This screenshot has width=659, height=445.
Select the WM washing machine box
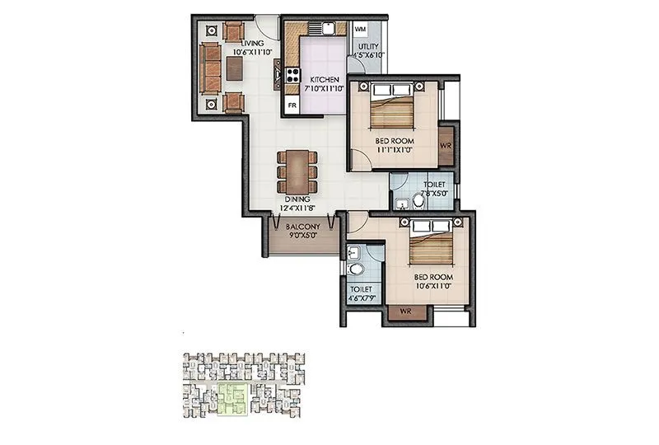coord(360,29)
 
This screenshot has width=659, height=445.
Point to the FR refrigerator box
coord(291,105)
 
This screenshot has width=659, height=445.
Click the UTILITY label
coord(367,49)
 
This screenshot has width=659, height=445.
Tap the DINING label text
coord(297,199)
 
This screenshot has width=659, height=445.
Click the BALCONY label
coord(302,226)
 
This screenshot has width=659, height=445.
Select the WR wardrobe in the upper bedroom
coord(446,145)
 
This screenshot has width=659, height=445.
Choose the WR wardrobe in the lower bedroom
coord(405,312)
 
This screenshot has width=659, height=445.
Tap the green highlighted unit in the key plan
coord(233,397)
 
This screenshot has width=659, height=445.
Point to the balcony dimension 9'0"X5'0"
coord(302,235)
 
